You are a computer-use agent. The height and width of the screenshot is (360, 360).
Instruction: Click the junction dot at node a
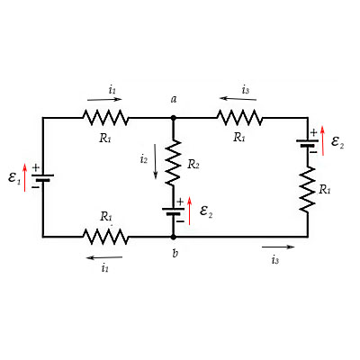click(174, 117)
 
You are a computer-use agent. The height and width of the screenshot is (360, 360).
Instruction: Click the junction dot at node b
click(174, 237)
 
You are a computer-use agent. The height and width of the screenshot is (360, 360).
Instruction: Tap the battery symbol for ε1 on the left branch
click(42, 176)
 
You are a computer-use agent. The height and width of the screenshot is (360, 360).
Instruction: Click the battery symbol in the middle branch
click(174, 212)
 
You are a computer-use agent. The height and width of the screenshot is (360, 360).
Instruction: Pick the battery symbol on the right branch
click(308, 142)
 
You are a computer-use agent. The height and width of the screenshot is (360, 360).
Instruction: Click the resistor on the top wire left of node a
click(105, 117)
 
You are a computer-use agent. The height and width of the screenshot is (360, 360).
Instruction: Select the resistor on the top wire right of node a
click(239, 117)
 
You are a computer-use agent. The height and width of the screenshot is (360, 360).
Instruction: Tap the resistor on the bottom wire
click(105, 237)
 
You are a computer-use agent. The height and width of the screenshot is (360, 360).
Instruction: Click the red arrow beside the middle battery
click(190, 213)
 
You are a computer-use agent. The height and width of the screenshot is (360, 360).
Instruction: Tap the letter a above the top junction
click(173, 98)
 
